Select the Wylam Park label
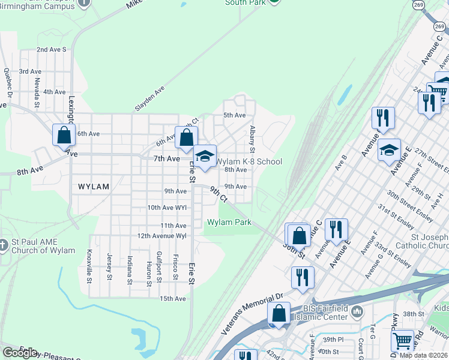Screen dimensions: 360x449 coord(229,222)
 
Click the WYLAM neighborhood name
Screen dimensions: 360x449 coord(94,187)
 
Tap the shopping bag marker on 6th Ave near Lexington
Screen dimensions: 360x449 coord(64,135)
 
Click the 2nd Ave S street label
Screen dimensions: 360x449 coord(51,49)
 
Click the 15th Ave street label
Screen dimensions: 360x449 coord(173,298)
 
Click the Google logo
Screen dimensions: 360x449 coord(20,353)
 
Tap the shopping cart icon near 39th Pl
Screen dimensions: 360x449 coord(402,341)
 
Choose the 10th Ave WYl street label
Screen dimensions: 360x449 coord(167,207)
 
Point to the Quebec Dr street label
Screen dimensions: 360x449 coord(8,82)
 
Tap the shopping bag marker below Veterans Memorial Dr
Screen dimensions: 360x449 coord(279,313)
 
